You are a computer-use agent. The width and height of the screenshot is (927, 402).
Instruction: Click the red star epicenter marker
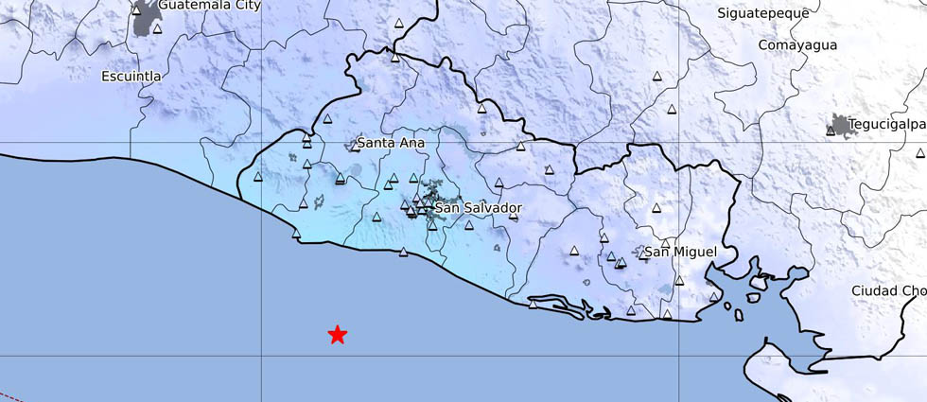[x=338, y=334]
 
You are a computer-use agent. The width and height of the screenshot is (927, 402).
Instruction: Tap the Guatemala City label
[x=209, y=6]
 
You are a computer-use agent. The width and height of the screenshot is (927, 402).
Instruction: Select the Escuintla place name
[x=131, y=76]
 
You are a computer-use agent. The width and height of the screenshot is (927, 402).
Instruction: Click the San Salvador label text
[x=478, y=207]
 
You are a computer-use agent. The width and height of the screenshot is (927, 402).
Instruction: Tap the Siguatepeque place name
[x=762, y=13]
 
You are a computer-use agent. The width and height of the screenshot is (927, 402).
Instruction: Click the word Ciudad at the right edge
[x=875, y=290]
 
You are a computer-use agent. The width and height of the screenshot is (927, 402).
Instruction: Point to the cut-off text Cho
[x=915, y=290]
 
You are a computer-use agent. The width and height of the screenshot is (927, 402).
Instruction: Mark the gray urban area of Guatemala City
[x=145, y=18]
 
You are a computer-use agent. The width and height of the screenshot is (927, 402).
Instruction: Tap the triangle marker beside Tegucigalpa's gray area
[x=831, y=131]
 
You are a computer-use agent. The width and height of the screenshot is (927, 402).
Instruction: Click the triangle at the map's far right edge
[x=919, y=152]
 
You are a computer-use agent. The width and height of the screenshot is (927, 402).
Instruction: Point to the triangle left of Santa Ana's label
[x=355, y=147]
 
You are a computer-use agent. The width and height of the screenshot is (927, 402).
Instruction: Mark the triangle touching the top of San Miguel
[x=666, y=244]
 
